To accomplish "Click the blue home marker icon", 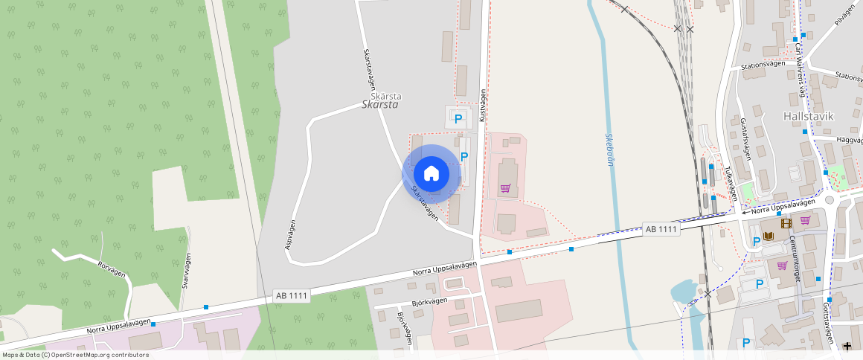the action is (x=431, y=174).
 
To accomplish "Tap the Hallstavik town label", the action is (x=809, y=117).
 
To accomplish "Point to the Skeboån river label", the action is (x=609, y=150).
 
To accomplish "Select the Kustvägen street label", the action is (x=483, y=105).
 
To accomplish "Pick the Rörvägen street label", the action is (x=112, y=269).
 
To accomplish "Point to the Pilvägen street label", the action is (x=845, y=15).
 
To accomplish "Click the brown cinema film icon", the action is (x=786, y=222).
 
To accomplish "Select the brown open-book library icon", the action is (x=770, y=237).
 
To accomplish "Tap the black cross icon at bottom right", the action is (x=847, y=346).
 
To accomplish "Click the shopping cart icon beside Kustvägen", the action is (x=506, y=188).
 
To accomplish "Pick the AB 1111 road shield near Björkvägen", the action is (x=291, y=295).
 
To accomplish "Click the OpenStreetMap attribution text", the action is (x=76, y=355).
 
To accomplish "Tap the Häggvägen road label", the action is (x=849, y=139).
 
